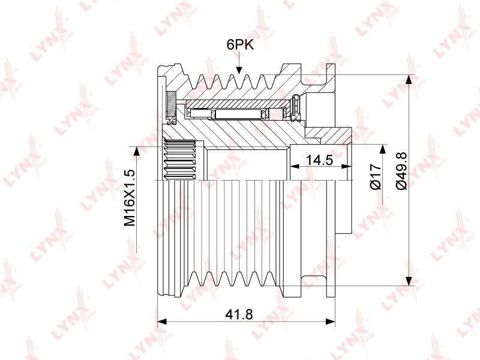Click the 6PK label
tap(241, 44)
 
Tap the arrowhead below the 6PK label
tap(239, 70)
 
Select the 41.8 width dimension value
tap(239, 314)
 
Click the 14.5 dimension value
tap(319, 160)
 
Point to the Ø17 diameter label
tap(376, 176)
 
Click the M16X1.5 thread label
tap(130, 198)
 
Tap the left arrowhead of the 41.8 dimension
tap(161, 322)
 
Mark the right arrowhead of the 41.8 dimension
tap(331, 322)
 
